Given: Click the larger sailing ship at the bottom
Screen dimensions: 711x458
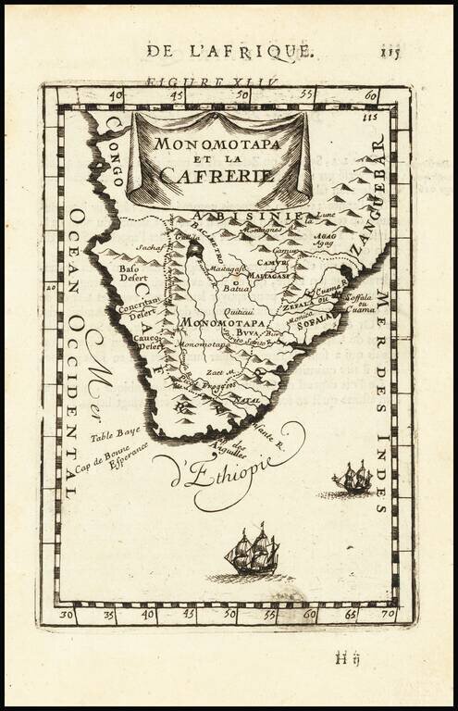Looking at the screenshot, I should click(252, 553).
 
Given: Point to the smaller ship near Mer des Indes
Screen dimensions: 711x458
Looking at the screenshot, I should click(353, 479).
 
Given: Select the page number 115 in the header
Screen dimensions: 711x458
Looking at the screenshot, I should click(390, 51).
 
